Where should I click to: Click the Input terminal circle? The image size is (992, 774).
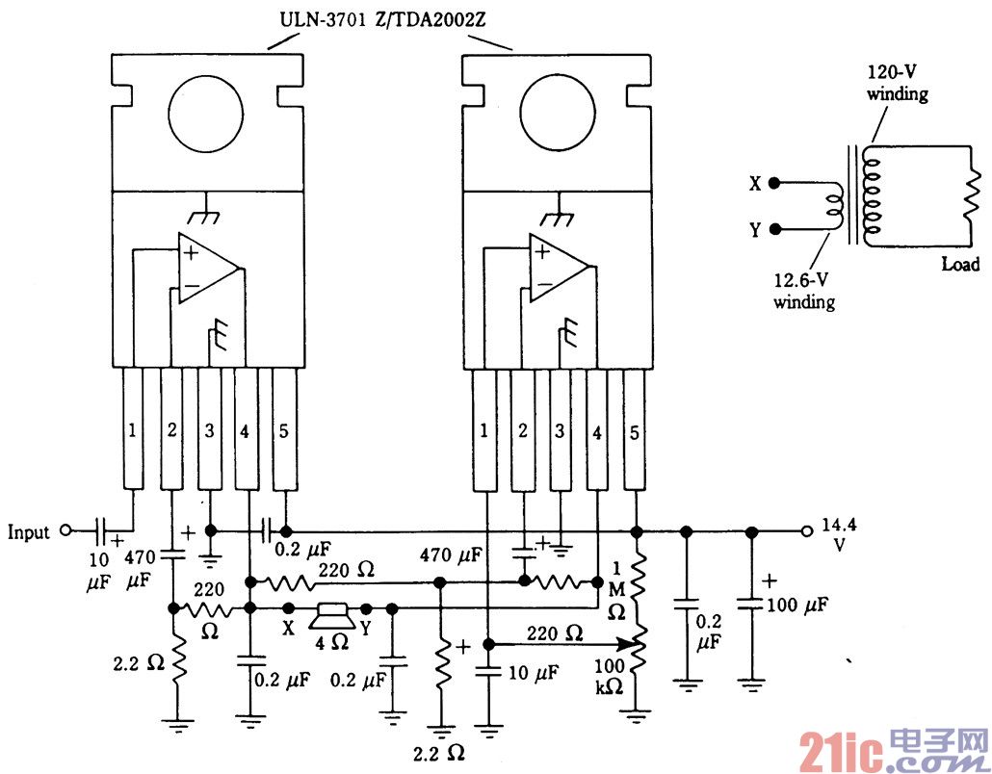click(x=65, y=529)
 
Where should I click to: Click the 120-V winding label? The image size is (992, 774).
click(x=896, y=85)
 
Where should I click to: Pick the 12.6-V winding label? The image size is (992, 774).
click(x=805, y=292)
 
